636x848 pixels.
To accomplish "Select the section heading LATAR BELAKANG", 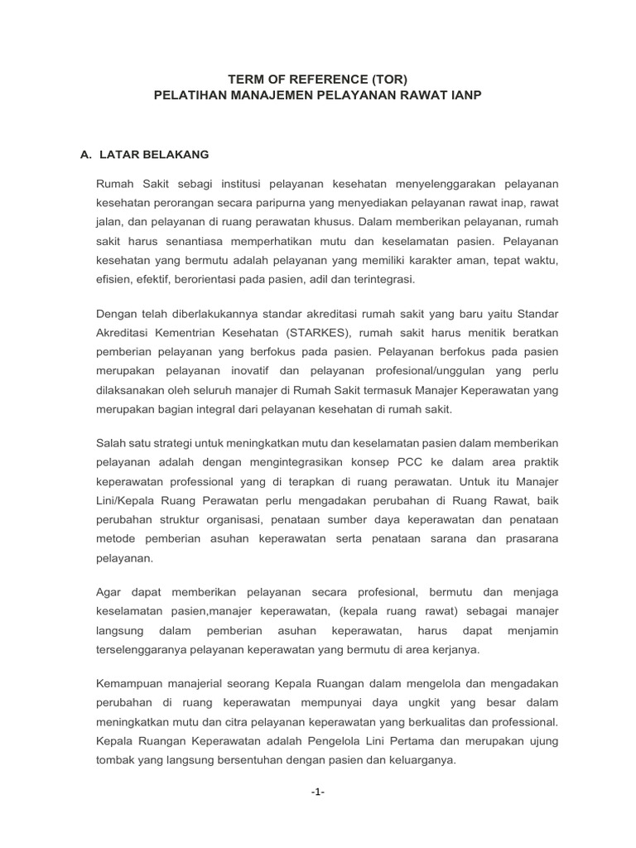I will point(154,155).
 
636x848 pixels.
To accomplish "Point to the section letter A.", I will point(84,155).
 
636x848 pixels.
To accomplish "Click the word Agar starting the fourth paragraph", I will point(110,593).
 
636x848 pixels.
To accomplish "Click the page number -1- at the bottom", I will point(318,793).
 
